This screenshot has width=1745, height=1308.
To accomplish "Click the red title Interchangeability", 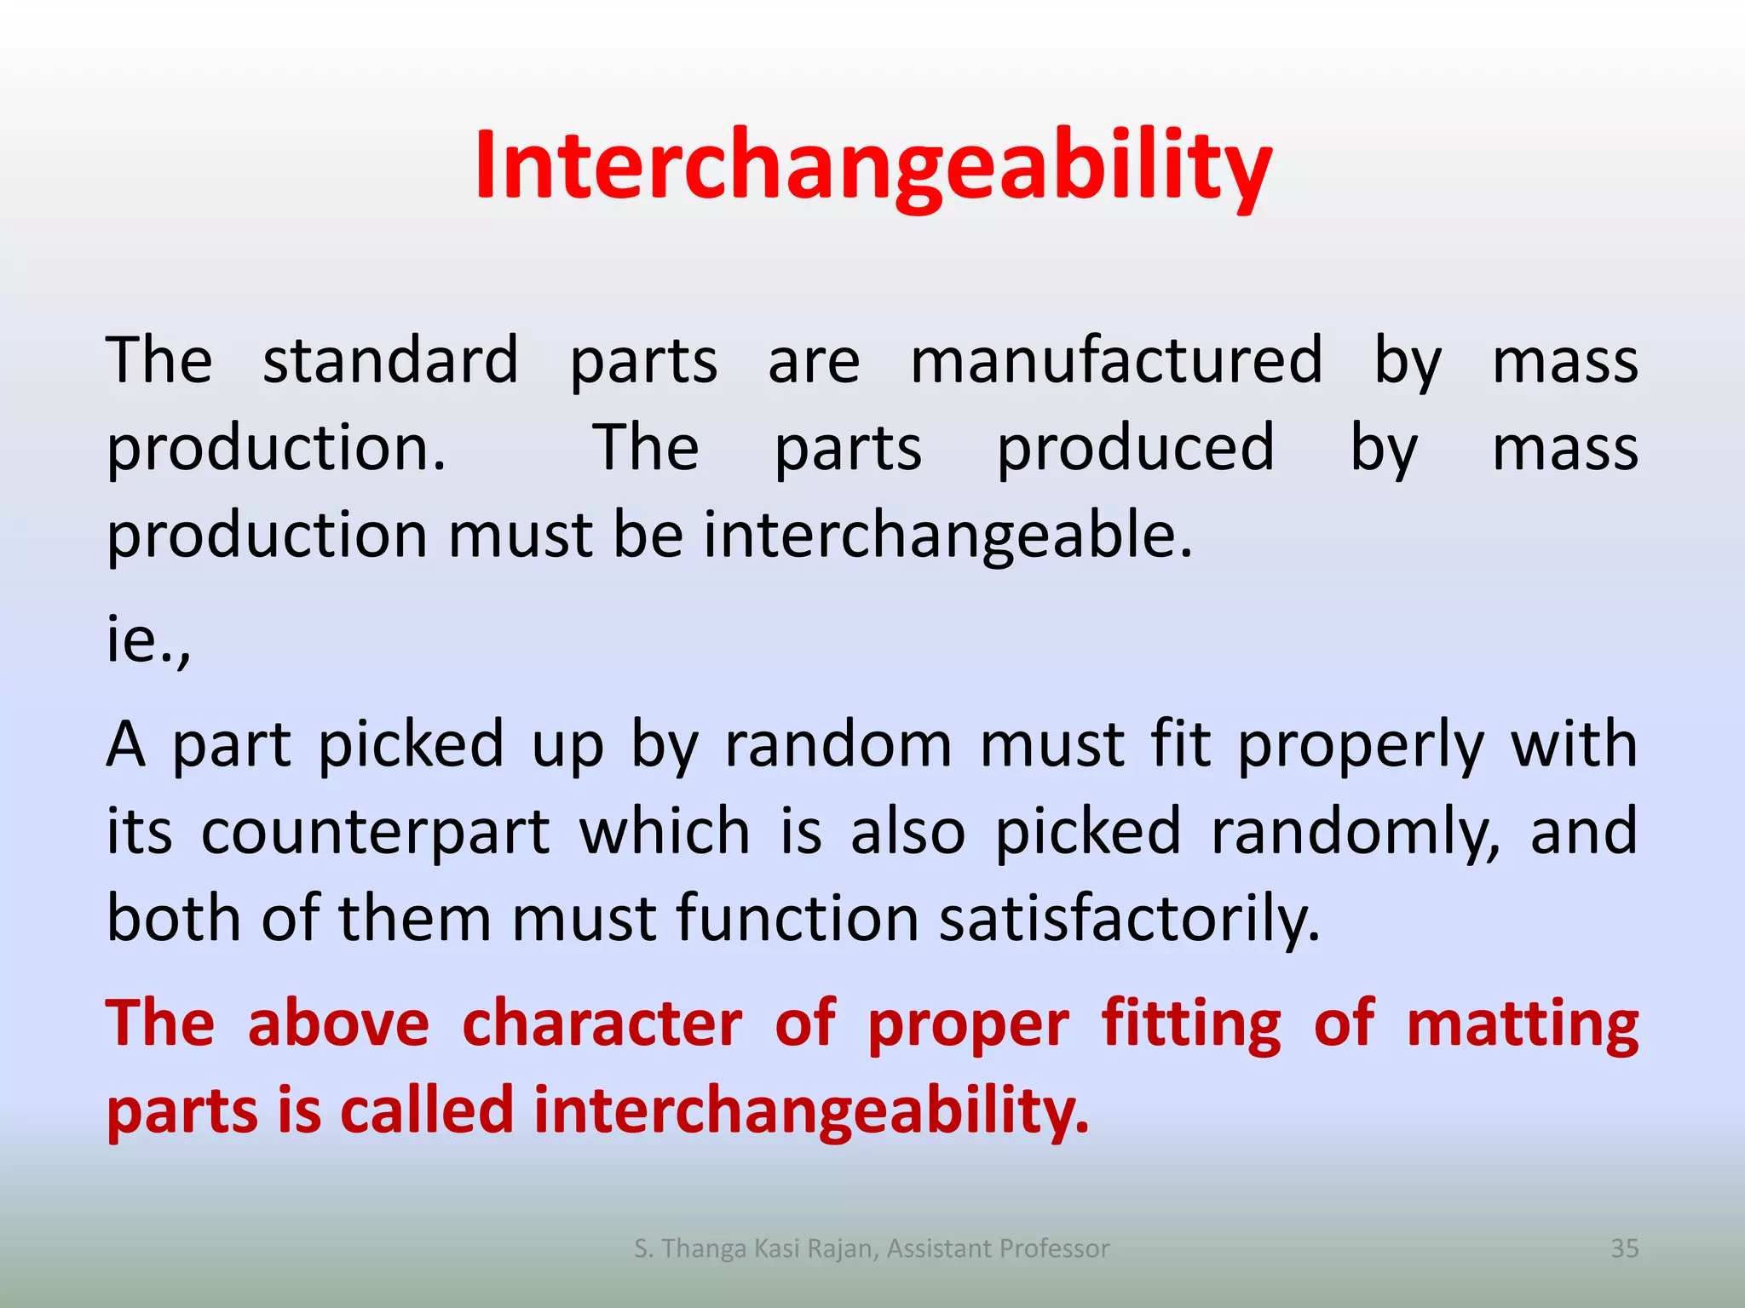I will pyautogui.click(x=872, y=166).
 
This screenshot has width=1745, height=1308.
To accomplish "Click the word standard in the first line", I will pyautogui.click(x=390, y=360).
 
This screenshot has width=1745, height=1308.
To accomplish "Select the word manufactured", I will pyautogui.click(x=1116, y=360).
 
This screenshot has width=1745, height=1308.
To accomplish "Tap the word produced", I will pyautogui.click(x=1136, y=448).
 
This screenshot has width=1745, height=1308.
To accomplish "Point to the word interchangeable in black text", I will pyautogui.click(x=947, y=536).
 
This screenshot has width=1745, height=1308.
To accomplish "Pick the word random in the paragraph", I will pyautogui.click(x=838, y=744).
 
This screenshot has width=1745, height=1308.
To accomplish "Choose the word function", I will pyautogui.click(x=798, y=919).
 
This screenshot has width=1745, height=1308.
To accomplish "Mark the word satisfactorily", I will pyautogui.click(x=1129, y=921).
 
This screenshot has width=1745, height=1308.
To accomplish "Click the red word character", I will pyautogui.click(x=602, y=1024).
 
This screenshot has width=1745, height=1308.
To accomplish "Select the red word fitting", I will pyautogui.click(x=1191, y=1025).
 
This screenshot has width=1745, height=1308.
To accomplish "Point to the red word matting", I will pyautogui.click(x=1522, y=1025).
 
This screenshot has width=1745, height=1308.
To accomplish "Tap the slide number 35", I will pyautogui.click(x=1624, y=1248).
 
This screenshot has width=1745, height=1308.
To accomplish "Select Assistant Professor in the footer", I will pyautogui.click(x=998, y=1248).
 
